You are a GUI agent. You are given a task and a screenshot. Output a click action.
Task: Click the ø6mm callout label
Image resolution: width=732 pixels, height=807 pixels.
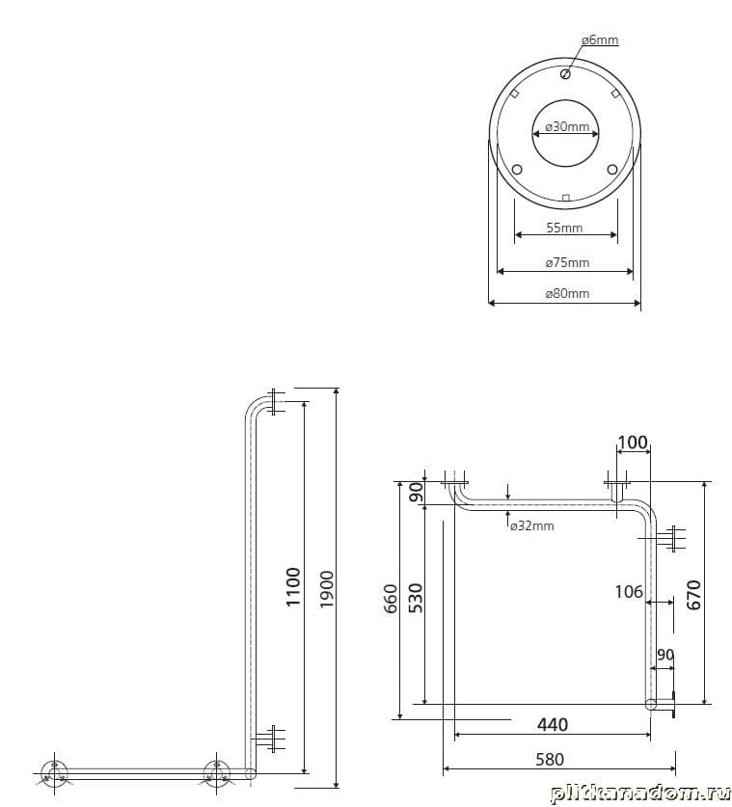(600, 40)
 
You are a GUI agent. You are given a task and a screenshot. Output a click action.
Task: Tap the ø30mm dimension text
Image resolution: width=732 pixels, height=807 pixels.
(567, 126)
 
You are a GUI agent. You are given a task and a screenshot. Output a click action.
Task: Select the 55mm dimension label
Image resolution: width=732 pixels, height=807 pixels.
(565, 228)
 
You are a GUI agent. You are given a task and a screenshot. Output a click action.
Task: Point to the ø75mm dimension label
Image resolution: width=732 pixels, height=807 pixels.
(567, 262)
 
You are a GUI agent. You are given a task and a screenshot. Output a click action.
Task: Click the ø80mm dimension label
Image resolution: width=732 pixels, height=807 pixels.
(567, 293)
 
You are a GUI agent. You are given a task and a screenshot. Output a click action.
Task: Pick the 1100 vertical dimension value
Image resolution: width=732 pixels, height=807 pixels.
(293, 587)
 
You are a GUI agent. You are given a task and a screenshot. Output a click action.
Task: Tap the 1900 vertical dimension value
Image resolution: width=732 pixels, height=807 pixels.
(326, 589)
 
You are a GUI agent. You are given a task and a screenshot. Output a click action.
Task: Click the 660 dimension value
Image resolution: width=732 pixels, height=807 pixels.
(392, 599)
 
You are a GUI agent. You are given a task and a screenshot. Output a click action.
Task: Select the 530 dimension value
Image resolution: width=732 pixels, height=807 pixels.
(416, 598)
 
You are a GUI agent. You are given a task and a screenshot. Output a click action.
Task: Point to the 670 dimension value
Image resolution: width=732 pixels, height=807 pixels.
(694, 595)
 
